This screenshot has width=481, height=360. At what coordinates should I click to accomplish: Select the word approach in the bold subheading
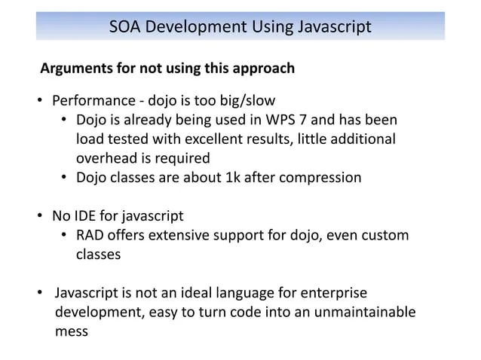pyautogui.click(x=263, y=69)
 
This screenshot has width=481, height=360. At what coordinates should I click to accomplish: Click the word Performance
pyautogui.click(x=89, y=100)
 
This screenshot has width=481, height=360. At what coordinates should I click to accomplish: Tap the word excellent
pyautogui.click(x=234, y=139)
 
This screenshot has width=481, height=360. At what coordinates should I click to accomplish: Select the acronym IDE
pyautogui.click(x=86, y=217)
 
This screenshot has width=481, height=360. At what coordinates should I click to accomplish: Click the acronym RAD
pyautogui.click(x=91, y=236)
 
